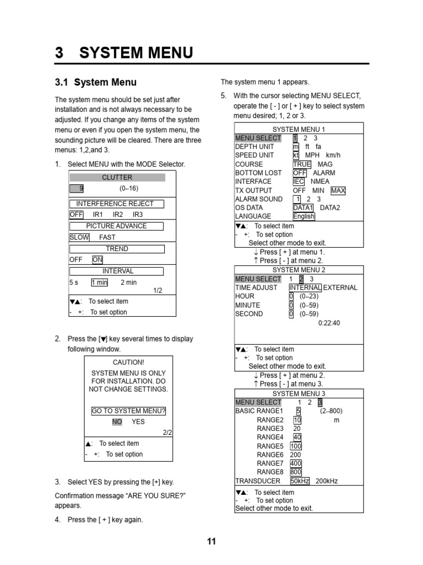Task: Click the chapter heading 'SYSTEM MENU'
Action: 136,53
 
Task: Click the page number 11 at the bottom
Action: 211,541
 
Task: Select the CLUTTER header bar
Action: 117,177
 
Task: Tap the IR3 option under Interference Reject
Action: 137,214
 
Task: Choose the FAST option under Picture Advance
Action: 107,237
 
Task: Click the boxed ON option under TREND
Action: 97,259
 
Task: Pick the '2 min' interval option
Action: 128,282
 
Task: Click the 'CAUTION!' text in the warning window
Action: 128,363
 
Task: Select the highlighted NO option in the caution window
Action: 117,422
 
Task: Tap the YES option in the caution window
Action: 138,422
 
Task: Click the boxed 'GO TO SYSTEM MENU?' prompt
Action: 128,411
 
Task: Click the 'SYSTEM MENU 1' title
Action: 299,129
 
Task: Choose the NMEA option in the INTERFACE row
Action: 320,181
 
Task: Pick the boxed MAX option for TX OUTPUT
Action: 338,190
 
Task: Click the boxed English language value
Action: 303,216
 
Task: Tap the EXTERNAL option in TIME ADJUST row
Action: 340,287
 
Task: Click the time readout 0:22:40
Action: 329,323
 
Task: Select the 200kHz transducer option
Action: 327,481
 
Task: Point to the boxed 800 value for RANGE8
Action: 296,472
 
